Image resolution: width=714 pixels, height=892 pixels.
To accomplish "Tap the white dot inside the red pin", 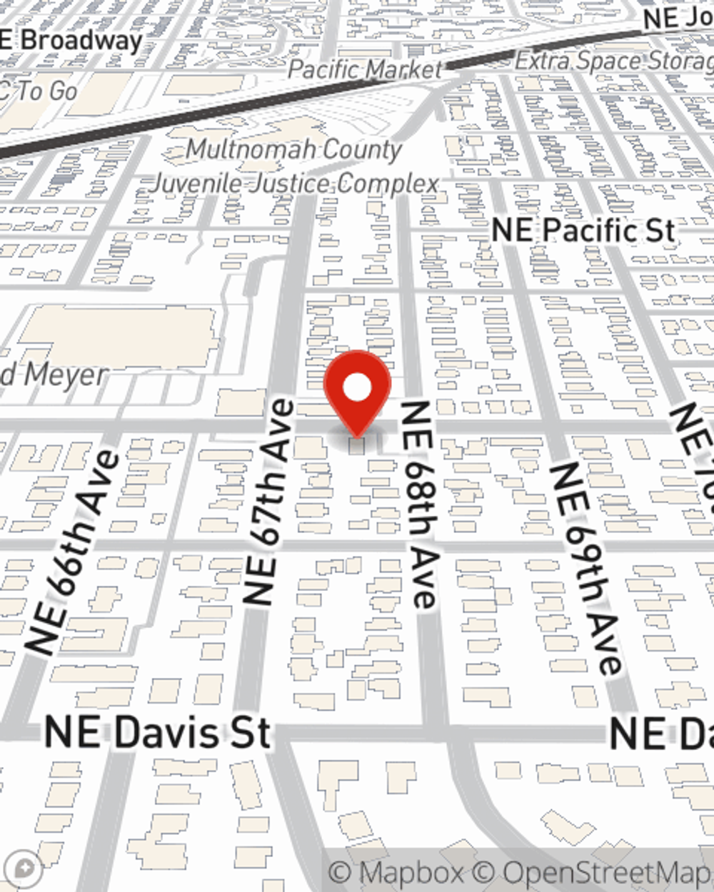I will pyautogui.click(x=357, y=389).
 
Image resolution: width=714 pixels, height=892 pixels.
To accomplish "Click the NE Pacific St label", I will pyautogui.click(x=583, y=230).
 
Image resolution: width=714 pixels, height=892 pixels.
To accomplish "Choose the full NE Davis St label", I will pyautogui.click(x=158, y=732).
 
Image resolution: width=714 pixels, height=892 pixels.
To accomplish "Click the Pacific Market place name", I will pyautogui.click(x=365, y=70).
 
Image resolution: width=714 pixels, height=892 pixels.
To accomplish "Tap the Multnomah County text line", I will pyautogui.click(x=294, y=150).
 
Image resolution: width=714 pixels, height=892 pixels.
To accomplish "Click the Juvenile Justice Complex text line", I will pyautogui.click(x=294, y=184).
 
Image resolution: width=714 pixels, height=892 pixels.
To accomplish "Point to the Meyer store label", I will pyautogui.click(x=54, y=374).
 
